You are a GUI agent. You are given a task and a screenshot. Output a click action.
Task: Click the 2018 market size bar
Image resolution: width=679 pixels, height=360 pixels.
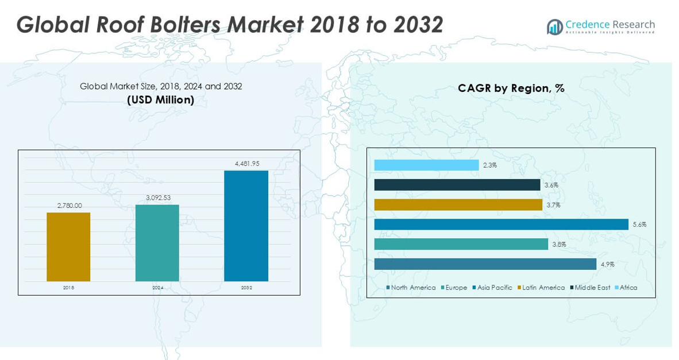tap(68, 247)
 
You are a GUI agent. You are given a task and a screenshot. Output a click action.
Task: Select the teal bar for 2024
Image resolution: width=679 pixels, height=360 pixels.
tap(157, 243)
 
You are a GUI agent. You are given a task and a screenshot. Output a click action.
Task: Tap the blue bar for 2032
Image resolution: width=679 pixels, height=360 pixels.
tap(246, 226)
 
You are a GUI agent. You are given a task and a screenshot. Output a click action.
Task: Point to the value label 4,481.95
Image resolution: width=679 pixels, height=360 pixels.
tap(246, 164)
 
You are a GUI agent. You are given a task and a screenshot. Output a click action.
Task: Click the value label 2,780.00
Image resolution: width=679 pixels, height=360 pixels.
tap(68, 206)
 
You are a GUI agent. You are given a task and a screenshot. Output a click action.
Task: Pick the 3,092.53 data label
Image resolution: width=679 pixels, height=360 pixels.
tap(157, 198)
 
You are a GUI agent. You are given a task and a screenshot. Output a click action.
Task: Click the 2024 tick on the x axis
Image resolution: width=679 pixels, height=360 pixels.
tap(157, 287)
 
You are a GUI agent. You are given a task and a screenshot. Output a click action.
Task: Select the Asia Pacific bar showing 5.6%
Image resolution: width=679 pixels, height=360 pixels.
tap(501, 224)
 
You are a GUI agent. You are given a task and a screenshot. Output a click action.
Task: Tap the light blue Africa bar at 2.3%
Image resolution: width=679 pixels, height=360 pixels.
tap(426, 165)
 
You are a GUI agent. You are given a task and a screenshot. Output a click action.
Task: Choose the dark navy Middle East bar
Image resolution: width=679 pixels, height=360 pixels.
tap(457, 185)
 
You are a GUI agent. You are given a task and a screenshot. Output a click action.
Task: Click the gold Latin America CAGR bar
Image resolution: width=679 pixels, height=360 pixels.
tap(458, 205)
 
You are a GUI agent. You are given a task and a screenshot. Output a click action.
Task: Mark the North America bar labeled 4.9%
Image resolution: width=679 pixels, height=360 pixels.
tap(485, 264)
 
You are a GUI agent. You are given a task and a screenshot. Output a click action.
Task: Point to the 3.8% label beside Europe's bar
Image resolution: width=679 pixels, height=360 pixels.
tap(559, 245)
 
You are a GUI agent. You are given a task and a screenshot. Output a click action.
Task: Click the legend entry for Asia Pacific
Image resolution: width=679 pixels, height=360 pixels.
tap(495, 288)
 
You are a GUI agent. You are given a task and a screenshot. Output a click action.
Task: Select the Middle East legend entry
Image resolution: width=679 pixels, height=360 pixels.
tap(592, 288)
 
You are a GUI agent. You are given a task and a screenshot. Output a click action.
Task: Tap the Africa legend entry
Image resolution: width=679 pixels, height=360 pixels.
tap(628, 288)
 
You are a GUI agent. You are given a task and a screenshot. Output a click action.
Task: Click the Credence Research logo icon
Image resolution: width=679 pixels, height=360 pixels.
tap(554, 26)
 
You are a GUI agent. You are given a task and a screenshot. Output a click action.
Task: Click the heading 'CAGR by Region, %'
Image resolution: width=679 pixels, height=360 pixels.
tap(511, 88)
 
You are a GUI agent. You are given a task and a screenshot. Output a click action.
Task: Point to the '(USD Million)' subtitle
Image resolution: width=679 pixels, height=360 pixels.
tap(160, 100)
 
